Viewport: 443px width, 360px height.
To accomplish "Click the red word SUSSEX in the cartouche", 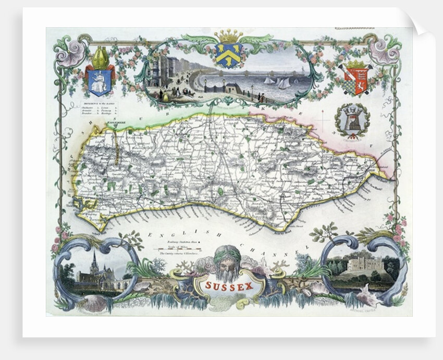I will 228,286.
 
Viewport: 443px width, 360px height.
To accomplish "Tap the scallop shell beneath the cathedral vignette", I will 94,303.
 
